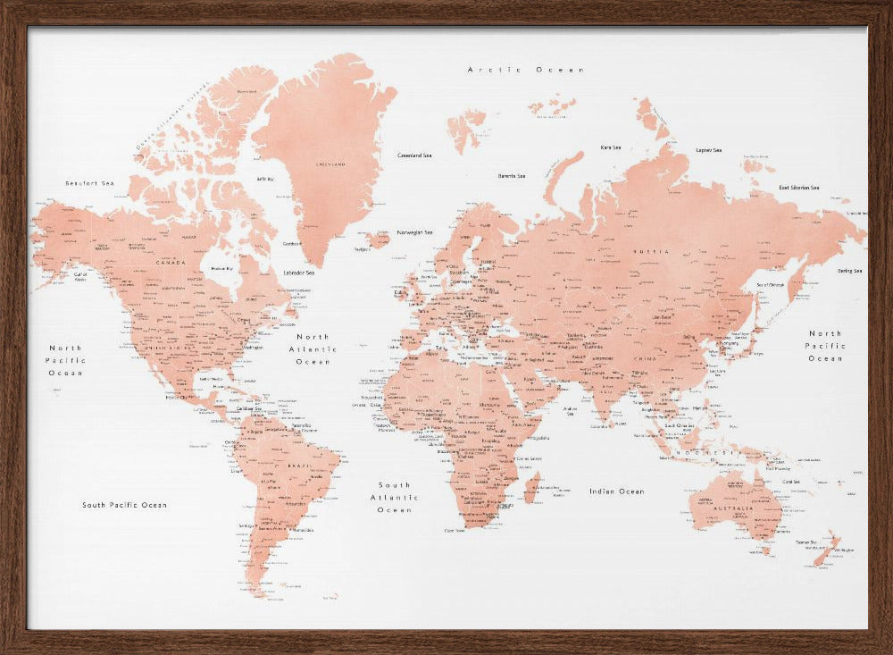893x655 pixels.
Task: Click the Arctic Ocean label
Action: (x=526, y=70)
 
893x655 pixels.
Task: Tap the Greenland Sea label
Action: (x=414, y=155)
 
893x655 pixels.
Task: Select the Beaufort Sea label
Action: (x=89, y=183)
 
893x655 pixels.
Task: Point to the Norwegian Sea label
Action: (x=414, y=232)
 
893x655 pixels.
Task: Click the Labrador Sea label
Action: (x=298, y=273)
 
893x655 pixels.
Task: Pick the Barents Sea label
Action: (x=512, y=176)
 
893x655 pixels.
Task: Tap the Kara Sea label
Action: (x=611, y=147)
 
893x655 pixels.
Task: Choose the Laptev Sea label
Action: (x=709, y=150)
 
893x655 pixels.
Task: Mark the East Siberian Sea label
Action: (x=798, y=188)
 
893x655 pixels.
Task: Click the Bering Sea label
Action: (x=849, y=271)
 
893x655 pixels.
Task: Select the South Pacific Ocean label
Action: (x=124, y=505)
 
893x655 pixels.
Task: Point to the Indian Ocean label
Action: (x=616, y=491)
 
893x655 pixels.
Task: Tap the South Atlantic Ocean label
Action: (x=394, y=497)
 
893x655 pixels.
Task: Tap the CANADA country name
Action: (x=170, y=263)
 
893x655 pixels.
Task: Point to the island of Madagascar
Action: (x=532, y=488)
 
